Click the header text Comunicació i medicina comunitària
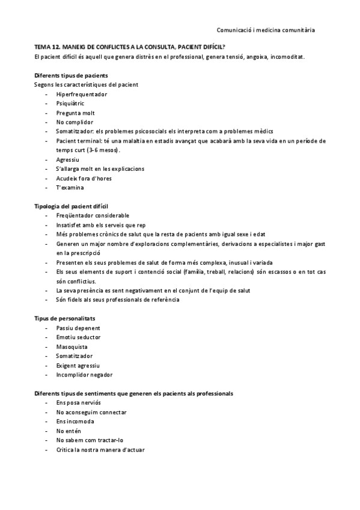click(x=265, y=29)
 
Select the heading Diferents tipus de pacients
click(x=72, y=75)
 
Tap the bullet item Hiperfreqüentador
click(x=81, y=94)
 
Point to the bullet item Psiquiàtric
click(x=70, y=103)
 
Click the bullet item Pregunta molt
click(x=75, y=113)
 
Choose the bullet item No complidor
click(x=75, y=122)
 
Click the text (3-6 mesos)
click(x=102, y=150)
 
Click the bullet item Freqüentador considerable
click(x=92, y=216)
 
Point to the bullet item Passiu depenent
click(x=78, y=328)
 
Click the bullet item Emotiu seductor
click(x=78, y=337)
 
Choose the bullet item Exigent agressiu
click(x=78, y=365)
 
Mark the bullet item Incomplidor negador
click(x=84, y=375)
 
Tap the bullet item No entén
click(x=68, y=431)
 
